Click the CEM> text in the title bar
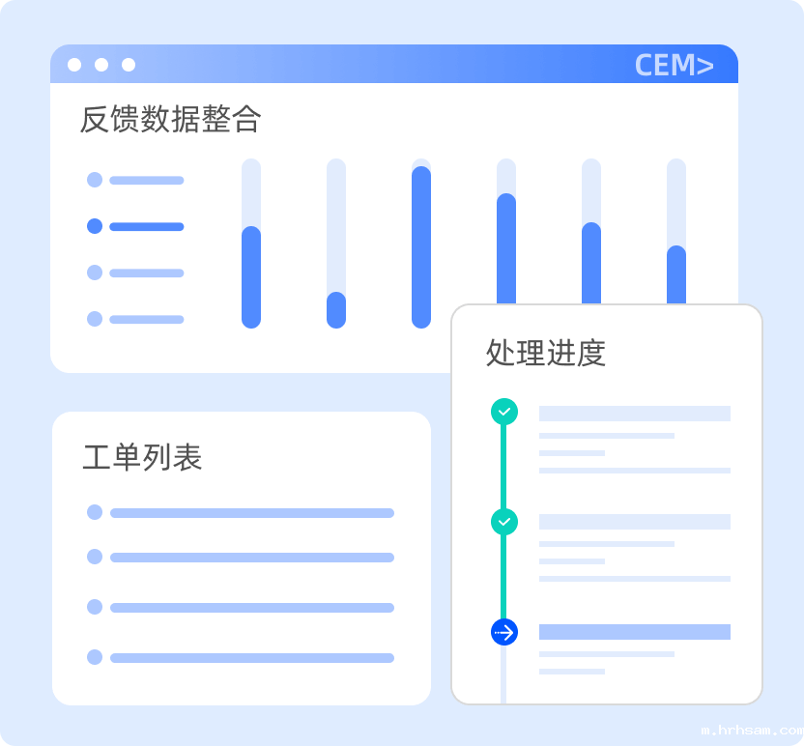(674, 65)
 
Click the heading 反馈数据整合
(170, 120)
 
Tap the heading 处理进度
(545, 353)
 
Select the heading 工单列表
(142, 457)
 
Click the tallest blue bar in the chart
(421, 246)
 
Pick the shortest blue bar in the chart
(336, 310)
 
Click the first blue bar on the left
(251, 277)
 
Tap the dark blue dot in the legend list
(95, 226)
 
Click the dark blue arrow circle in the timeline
(504, 632)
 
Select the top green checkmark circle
(504, 412)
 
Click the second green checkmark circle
(504, 522)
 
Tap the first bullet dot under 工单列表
(95, 512)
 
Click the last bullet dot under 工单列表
(95, 657)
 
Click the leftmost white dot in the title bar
(74, 65)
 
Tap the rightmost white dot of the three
(129, 65)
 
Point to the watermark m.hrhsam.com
(751, 732)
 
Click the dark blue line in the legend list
(146, 227)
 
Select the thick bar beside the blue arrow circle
(634, 632)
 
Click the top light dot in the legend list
(95, 180)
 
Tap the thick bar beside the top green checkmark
(634, 414)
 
